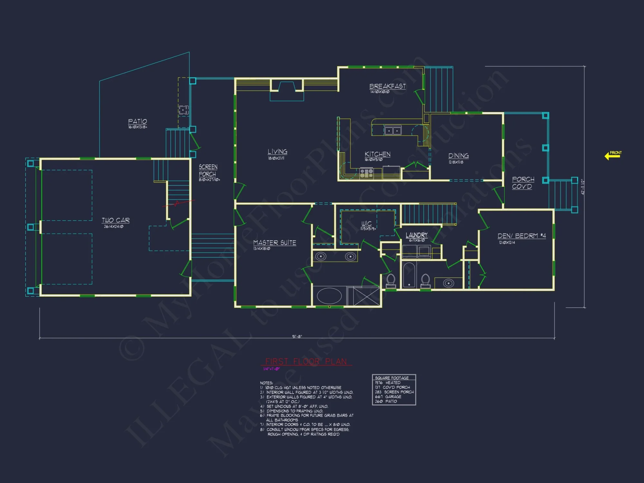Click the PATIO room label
pyautogui.click(x=137, y=121)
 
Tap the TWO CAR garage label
pyautogui.click(x=116, y=220)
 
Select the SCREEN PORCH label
pyautogui.click(x=208, y=171)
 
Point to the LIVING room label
pyautogui.click(x=277, y=152)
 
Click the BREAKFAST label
pyautogui.click(x=387, y=86)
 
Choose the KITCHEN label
pyautogui.click(x=377, y=154)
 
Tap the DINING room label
pyautogui.click(x=459, y=156)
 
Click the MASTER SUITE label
pyautogui.click(x=274, y=243)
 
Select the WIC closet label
pyautogui.click(x=366, y=223)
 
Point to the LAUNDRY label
pyautogui.click(x=416, y=235)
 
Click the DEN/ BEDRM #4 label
pyautogui.click(x=521, y=236)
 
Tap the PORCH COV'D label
pyautogui.click(x=523, y=183)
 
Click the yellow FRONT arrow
pyautogui.click(x=612, y=156)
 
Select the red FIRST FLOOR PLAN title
pyautogui.click(x=306, y=361)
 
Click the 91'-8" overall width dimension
pyautogui.click(x=297, y=336)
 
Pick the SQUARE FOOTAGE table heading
pyautogui.click(x=392, y=378)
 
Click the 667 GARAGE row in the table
pyautogui.click(x=388, y=397)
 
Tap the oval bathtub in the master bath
pyautogui.click(x=329, y=296)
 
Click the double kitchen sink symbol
pyautogui.click(x=393, y=130)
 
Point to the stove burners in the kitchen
pyautogui.click(x=366, y=173)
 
